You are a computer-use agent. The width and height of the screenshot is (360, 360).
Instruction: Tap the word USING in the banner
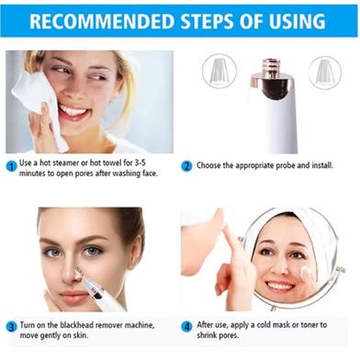pyautogui.click(x=297, y=21)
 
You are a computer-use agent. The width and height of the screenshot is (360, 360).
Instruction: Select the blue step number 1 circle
pyautogui.click(x=12, y=167)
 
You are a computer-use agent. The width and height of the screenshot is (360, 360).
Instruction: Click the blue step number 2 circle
pyautogui.click(x=186, y=166)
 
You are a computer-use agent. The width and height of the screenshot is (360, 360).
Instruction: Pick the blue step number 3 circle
pyautogui.click(x=11, y=327)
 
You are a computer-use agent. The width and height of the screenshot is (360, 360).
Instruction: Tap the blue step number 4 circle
pyautogui.click(x=186, y=327)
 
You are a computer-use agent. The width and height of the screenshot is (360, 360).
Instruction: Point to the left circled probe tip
pyautogui.click(x=219, y=71)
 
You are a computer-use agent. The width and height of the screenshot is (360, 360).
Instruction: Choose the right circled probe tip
pyautogui.click(x=325, y=73)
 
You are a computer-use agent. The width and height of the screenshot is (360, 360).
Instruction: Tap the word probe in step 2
pyautogui.click(x=286, y=165)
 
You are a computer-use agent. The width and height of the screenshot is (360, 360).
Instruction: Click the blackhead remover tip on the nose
pyautogui.click(x=80, y=272)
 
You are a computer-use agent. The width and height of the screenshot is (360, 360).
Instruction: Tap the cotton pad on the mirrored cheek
pyautogui.click(x=305, y=272)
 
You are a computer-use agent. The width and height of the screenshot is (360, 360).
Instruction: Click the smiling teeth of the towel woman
pyautogui.click(x=73, y=110)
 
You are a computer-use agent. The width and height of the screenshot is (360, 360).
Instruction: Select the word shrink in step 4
pyautogui.click(x=206, y=335)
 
